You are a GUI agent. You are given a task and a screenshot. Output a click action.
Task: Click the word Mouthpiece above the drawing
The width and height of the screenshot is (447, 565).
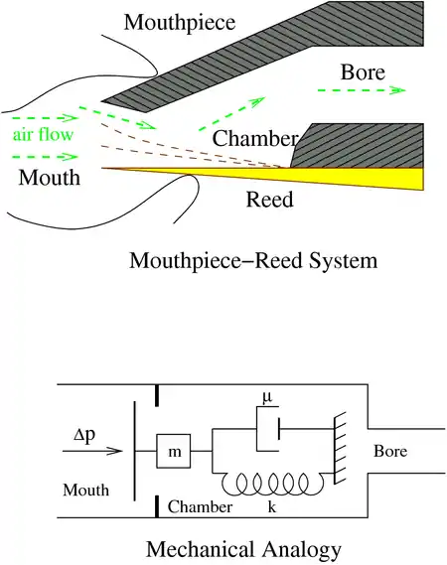[x=180, y=23]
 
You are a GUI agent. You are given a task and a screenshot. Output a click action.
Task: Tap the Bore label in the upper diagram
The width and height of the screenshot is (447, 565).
[x=363, y=72]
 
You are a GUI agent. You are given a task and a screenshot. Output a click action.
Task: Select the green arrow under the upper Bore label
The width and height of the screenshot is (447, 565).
[x=362, y=90]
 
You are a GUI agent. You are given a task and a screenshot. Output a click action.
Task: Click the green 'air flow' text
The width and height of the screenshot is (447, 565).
[x=44, y=134]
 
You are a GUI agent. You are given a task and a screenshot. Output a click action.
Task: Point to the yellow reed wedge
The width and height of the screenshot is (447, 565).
[x=325, y=176]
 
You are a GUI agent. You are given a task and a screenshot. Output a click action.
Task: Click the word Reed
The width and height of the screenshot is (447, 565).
[x=269, y=200]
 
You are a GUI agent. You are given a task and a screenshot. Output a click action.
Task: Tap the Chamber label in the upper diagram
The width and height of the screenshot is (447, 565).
[x=255, y=138]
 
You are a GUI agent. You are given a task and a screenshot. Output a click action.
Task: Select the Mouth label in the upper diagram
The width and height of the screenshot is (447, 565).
[x=50, y=178]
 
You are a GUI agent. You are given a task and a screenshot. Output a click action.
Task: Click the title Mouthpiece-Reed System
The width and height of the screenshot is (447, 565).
[x=253, y=260]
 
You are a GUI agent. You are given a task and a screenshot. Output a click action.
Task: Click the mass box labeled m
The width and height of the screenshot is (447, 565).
[x=174, y=451]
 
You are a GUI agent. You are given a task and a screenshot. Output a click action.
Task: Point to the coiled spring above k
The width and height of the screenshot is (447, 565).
[x=272, y=484]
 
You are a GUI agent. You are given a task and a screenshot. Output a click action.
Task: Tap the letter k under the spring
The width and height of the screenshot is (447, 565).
[x=272, y=507]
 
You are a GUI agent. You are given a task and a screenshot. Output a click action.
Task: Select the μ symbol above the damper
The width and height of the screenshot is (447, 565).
[x=267, y=397]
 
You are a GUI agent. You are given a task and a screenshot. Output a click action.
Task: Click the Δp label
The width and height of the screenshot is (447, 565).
[x=84, y=435]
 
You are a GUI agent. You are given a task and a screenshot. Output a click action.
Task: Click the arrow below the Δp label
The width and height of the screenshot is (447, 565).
[x=92, y=451]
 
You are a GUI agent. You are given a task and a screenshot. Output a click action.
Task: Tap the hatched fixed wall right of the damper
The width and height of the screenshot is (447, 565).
[x=340, y=448]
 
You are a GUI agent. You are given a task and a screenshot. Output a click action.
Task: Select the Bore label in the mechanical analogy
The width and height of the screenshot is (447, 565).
[x=390, y=451]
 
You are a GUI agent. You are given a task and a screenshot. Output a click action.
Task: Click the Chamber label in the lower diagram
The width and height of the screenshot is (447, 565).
[x=200, y=507]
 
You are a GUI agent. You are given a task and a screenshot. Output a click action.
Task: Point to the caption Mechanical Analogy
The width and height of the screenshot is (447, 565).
[x=243, y=550]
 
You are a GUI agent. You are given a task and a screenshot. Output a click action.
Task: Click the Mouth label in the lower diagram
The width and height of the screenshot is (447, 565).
[x=85, y=491]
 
